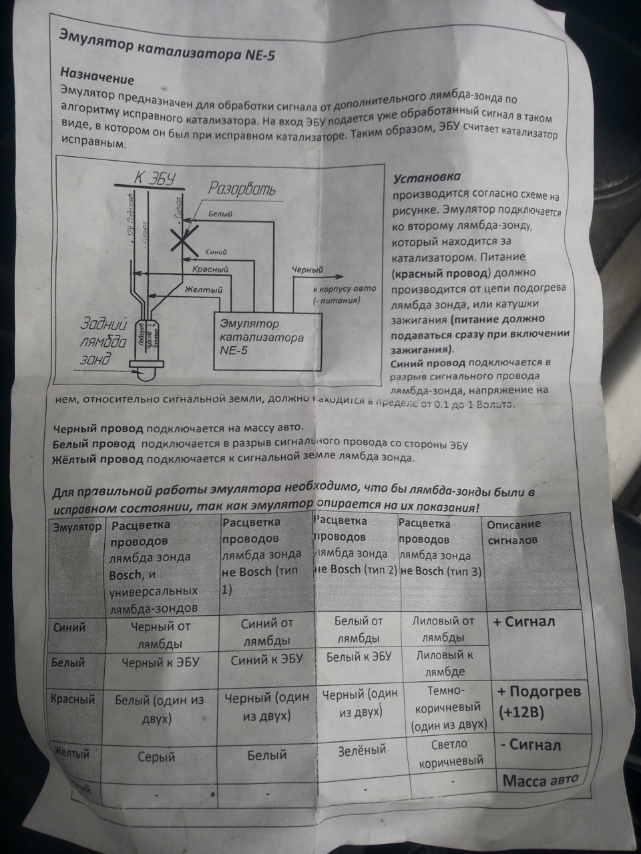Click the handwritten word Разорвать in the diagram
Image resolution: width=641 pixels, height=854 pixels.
242,189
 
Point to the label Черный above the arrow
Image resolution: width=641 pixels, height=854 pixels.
308,270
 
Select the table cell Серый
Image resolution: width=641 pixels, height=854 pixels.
156,757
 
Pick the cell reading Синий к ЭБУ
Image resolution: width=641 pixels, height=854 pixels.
266,659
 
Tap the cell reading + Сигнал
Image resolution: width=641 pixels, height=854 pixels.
524,622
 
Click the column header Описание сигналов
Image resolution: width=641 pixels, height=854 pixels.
514,532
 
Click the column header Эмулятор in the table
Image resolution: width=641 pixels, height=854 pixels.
77,527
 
